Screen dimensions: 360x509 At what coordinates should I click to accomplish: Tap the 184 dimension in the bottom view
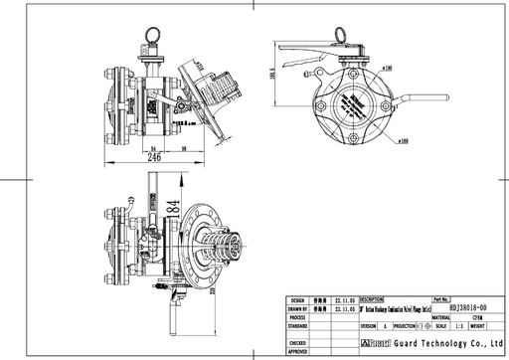click(x=173, y=207)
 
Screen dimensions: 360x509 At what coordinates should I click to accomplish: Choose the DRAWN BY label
click(x=296, y=308)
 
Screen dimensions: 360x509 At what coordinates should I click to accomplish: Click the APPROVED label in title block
click(x=296, y=351)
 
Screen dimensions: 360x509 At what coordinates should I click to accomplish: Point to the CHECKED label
click(x=296, y=342)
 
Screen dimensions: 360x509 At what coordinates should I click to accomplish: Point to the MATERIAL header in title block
click(x=414, y=316)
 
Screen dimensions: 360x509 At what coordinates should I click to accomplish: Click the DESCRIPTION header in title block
click(x=372, y=298)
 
